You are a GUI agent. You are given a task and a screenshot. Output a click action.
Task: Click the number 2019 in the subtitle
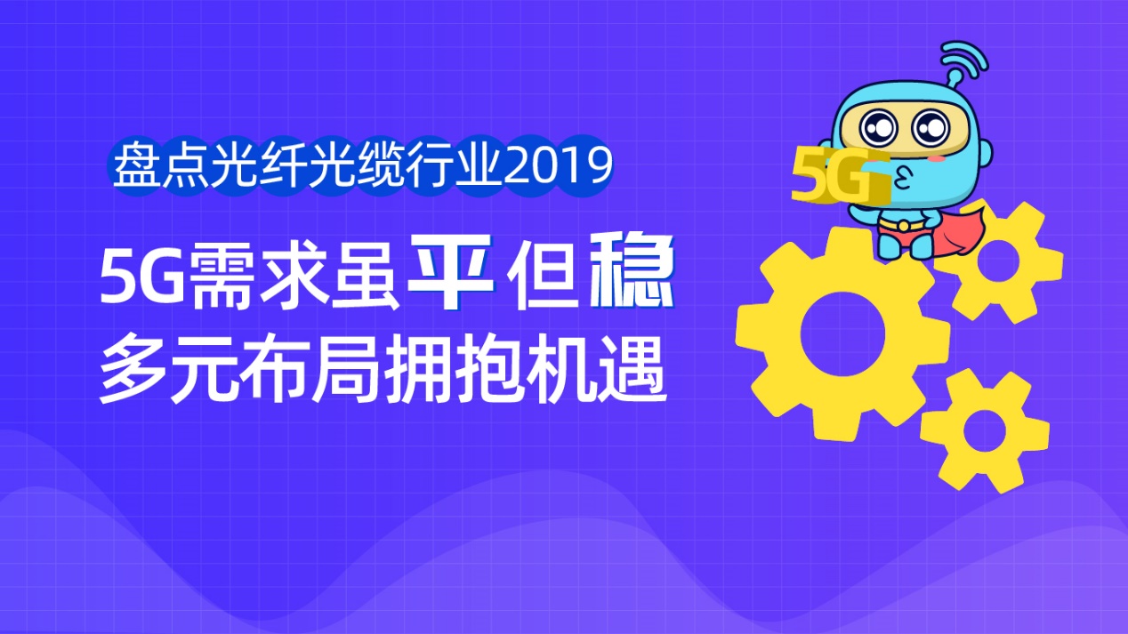pyautogui.click(x=558, y=165)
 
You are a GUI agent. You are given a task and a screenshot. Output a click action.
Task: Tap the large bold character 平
pyautogui.click(x=450, y=272)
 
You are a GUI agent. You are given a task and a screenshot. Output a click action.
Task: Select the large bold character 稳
pyautogui.click(x=632, y=269)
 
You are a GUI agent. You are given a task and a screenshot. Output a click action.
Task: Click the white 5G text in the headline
pyautogui.click(x=141, y=277)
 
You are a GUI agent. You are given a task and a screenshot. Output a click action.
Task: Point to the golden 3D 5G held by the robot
pyautogui.click(x=840, y=176)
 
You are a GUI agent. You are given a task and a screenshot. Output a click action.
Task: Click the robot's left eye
pyautogui.click(x=878, y=127)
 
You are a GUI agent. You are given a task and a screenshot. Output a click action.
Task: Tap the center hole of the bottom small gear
pyautogui.click(x=985, y=430)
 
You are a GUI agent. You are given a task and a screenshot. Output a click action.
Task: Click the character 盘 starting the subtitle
pyautogui.click(x=137, y=165)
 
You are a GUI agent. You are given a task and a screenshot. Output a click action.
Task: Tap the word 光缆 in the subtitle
pyautogui.click(x=357, y=165)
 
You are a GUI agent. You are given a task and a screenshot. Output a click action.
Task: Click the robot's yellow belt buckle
pyautogui.click(x=905, y=225)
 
